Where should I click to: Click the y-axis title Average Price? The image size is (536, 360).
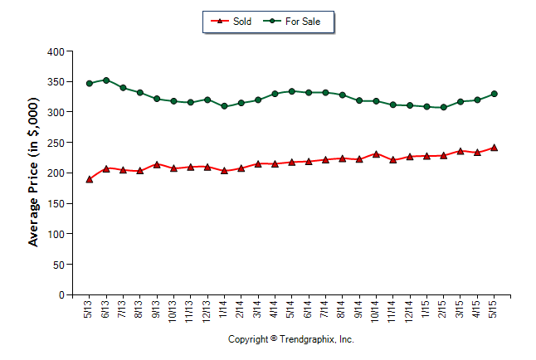point(34,173)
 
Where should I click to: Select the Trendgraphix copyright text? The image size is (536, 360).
point(290,339)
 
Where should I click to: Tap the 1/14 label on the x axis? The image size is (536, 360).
point(225,309)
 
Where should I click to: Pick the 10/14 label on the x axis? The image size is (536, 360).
point(376,311)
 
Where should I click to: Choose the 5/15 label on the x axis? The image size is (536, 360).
point(495,309)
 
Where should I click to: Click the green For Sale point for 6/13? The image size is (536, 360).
point(106,80)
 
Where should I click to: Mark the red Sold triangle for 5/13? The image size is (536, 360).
point(90,179)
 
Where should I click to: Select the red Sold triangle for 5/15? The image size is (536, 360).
point(495,148)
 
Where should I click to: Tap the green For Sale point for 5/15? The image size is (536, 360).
point(495,94)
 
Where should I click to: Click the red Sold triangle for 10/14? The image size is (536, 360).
point(376,153)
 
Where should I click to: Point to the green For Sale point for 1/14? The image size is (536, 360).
point(224,106)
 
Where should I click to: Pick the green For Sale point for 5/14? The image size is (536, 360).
point(291,91)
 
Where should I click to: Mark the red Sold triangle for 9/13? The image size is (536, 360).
point(157,164)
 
